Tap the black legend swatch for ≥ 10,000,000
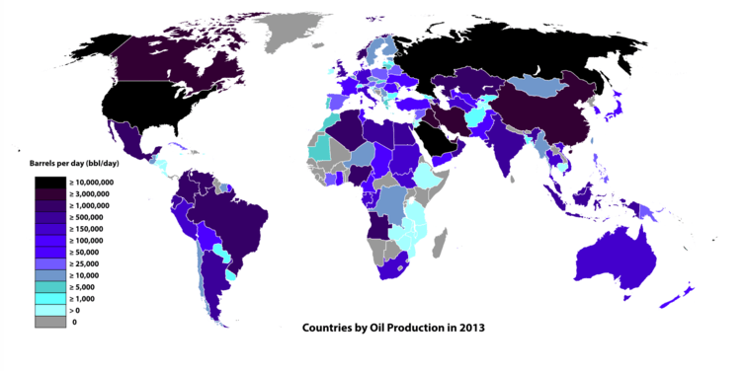50,184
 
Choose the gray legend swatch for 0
50,322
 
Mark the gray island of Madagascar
441,243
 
